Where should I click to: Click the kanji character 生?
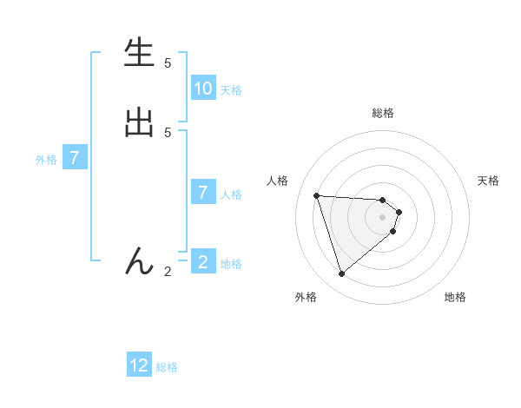(139, 54)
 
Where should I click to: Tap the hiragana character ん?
(139, 261)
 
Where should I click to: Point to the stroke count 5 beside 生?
(168, 63)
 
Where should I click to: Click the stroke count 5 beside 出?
(168, 132)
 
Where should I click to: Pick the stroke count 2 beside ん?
(168, 272)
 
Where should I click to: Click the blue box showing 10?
(203, 89)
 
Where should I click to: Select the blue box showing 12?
(139, 365)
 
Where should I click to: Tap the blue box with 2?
(203, 262)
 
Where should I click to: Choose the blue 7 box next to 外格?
(75, 158)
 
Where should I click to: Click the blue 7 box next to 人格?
(203, 193)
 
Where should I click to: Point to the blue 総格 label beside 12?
(167, 367)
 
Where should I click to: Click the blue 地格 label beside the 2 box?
(231, 264)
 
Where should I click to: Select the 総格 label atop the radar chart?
(383, 112)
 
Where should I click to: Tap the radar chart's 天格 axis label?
(488, 181)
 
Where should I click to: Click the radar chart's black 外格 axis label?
(306, 297)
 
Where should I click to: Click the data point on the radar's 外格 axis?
(342, 274)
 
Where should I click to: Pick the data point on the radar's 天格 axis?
(399, 212)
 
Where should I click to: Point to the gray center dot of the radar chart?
(383, 228)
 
